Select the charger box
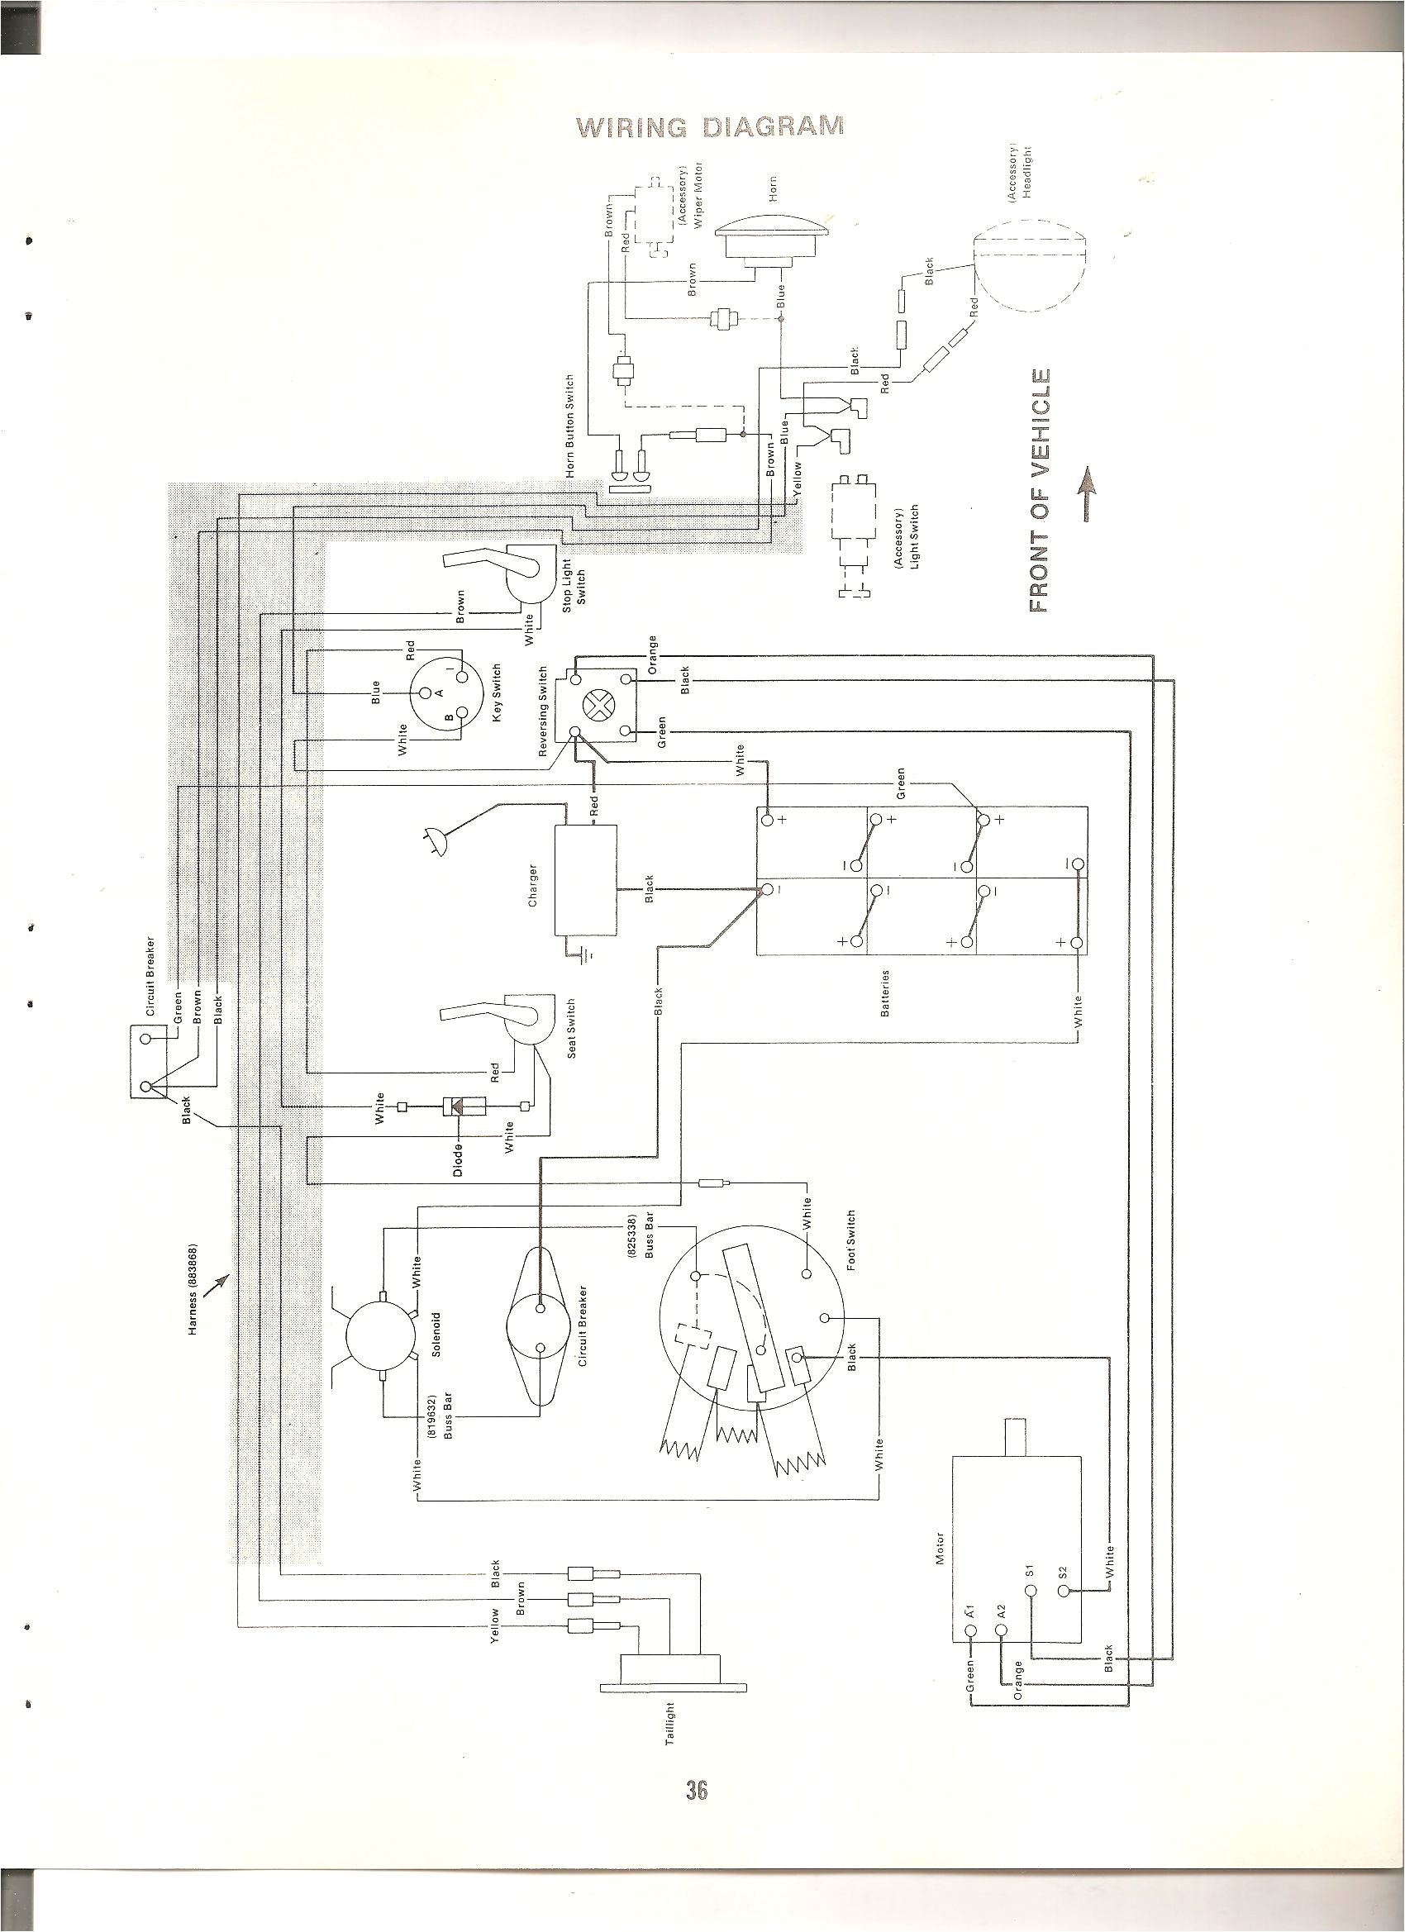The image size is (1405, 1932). tap(584, 881)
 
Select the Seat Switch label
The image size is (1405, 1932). tap(572, 1029)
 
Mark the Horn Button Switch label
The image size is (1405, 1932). tap(570, 424)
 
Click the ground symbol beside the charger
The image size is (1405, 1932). tap(586, 957)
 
